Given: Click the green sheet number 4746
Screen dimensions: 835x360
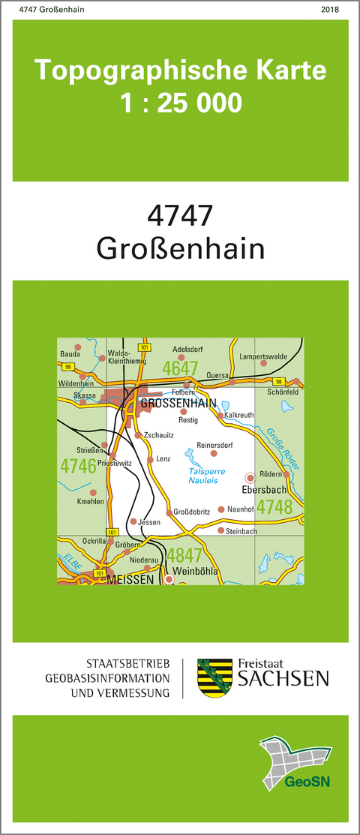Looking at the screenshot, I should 78,465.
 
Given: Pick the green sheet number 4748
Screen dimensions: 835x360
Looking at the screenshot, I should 274,508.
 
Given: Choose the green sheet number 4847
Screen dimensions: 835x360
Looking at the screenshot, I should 184,556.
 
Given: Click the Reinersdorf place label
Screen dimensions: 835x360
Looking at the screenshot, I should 214,444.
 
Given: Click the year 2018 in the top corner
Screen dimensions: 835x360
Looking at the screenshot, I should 329,10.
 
